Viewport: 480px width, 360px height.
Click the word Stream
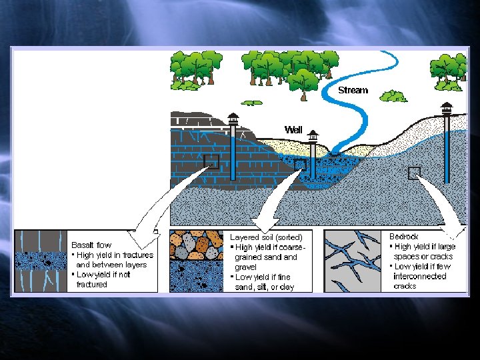(353, 90)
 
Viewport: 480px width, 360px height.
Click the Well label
(293, 129)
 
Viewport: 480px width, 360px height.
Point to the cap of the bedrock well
(447, 107)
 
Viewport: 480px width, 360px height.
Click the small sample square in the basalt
(211, 161)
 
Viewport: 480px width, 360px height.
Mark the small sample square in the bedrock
(415, 173)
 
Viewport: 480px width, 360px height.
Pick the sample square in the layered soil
(301, 164)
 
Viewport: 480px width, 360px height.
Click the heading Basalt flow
(91, 245)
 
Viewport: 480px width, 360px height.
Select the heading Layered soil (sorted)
(266, 237)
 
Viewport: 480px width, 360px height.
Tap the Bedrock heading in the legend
(404, 237)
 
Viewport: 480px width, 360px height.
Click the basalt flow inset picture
(41, 261)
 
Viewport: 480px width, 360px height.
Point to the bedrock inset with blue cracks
(353, 261)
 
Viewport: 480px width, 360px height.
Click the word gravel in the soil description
(245, 267)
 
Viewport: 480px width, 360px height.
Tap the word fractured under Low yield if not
(91, 285)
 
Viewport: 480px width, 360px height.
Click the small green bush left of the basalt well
(251, 103)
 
